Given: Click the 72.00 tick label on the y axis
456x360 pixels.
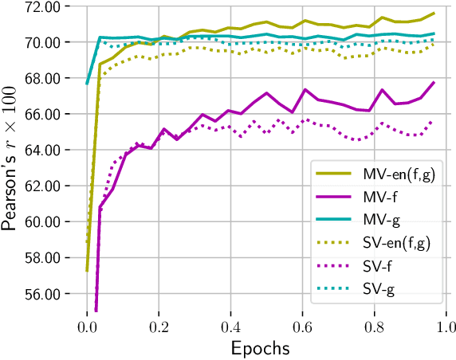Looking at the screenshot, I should coord(46,6).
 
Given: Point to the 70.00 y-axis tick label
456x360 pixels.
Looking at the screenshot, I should coord(46,42).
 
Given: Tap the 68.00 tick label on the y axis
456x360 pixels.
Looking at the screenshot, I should coord(46,78).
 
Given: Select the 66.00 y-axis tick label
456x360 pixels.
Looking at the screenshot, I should coord(46,114).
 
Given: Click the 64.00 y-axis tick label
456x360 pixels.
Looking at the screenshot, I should coord(46,150).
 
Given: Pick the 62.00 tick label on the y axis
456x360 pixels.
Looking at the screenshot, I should coord(46,186).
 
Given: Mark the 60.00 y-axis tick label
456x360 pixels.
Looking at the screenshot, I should coord(46,221).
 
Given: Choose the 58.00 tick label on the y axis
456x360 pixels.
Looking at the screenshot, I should coord(46,257).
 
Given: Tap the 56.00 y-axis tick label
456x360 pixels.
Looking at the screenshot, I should coord(46,293).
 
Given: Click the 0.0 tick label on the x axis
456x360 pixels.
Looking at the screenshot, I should coord(87,327).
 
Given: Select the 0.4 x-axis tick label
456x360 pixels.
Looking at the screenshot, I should coord(230,327).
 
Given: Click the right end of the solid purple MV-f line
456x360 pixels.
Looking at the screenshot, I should coord(434,82).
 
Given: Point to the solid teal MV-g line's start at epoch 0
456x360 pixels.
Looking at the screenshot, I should coord(87,84).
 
